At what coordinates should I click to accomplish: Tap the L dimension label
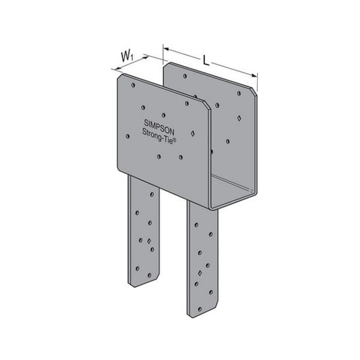[x=206, y=60]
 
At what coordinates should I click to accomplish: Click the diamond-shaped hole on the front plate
[x=192, y=133]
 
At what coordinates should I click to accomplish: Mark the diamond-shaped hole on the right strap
[x=200, y=271]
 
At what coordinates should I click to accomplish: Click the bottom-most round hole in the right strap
[x=195, y=293]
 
